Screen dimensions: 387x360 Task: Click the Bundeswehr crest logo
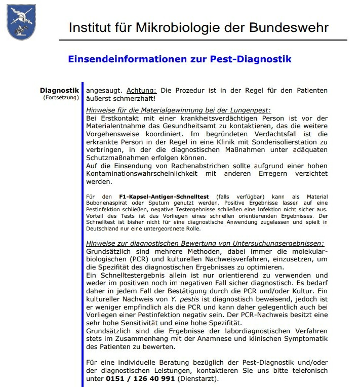tap(21, 22)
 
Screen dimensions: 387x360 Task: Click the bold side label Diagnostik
tap(59, 90)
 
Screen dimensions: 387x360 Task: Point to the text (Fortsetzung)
tap(61, 97)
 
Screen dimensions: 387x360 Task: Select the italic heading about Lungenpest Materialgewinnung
tap(178, 109)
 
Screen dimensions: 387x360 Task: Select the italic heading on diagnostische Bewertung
tap(205, 243)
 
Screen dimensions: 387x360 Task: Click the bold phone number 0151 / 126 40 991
tap(140, 378)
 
